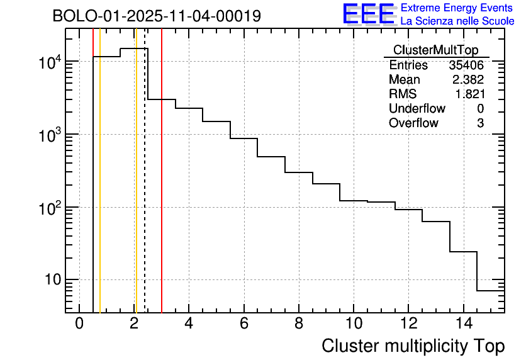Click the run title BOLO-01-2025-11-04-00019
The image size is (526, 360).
click(157, 16)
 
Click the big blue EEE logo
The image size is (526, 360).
click(368, 14)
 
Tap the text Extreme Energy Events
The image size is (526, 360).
click(457, 8)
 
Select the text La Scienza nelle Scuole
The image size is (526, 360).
click(457, 21)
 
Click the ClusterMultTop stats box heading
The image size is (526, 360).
click(435, 50)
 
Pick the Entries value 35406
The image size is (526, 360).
click(466, 65)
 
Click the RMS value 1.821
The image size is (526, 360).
click(469, 94)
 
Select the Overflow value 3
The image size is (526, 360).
click(480, 123)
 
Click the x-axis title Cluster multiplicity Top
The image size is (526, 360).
click(413, 346)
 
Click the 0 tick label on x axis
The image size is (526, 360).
click(79, 323)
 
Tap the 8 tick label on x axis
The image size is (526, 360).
click(298, 323)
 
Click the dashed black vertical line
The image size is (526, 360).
click(145, 189)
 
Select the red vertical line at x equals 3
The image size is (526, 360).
click(162, 189)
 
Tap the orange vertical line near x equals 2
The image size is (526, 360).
click(136, 189)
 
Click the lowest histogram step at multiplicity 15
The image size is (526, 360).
click(490, 291)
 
